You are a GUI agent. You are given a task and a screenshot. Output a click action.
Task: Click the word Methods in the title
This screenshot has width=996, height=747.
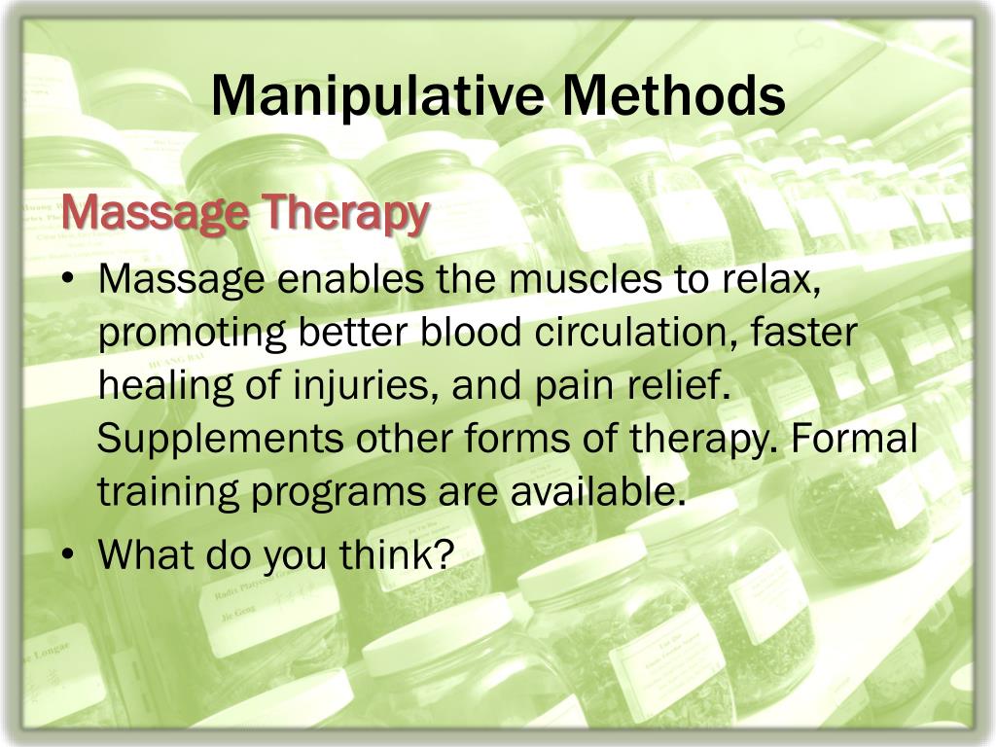click(673, 96)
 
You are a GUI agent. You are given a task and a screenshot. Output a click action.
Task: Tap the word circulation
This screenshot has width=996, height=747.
click(635, 334)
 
